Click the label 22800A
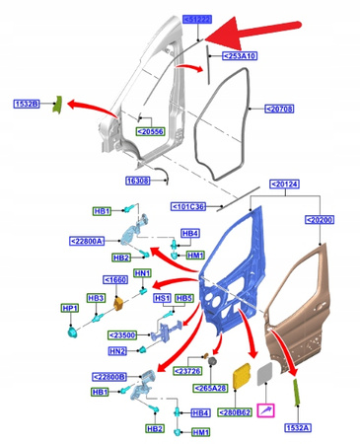coord(93,240)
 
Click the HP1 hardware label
coord(69,309)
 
